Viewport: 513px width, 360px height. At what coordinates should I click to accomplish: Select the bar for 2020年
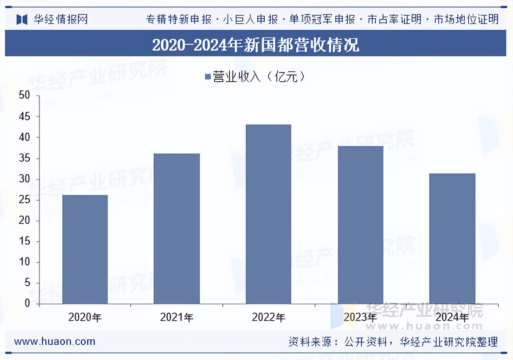pyautogui.click(x=85, y=249)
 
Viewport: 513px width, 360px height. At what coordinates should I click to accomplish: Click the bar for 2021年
pyautogui.click(x=176, y=229)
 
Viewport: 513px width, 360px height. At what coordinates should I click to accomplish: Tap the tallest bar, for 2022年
pyautogui.click(x=268, y=214)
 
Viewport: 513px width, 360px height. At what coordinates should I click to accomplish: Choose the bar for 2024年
pyautogui.click(x=452, y=238)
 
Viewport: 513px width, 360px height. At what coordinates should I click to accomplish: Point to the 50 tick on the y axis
pyautogui.click(x=25, y=96)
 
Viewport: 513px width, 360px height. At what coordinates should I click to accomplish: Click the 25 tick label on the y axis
pyautogui.click(x=25, y=200)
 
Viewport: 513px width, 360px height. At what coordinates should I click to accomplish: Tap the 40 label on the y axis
pyautogui.click(x=25, y=137)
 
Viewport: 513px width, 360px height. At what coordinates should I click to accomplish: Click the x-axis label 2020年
pyautogui.click(x=85, y=318)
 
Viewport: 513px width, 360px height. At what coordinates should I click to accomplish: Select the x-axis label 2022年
pyautogui.click(x=268, y=318)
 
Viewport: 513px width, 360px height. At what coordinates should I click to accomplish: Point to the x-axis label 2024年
pyautogui.click(x=452, y=318)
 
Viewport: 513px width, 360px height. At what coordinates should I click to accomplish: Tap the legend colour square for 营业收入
pyautogui.click(x=208, y=77)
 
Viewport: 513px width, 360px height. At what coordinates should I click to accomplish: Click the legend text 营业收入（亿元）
pyautogui.click(x=259, y=77)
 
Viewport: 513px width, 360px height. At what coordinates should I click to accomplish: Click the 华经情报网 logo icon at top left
pyautogui.click(x=22, y=19)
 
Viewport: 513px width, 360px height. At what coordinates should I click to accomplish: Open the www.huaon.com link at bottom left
pyautogui.click(x=55, y=341)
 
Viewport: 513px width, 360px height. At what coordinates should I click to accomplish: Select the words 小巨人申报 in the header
pyautogui.click(x=250, y=19)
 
